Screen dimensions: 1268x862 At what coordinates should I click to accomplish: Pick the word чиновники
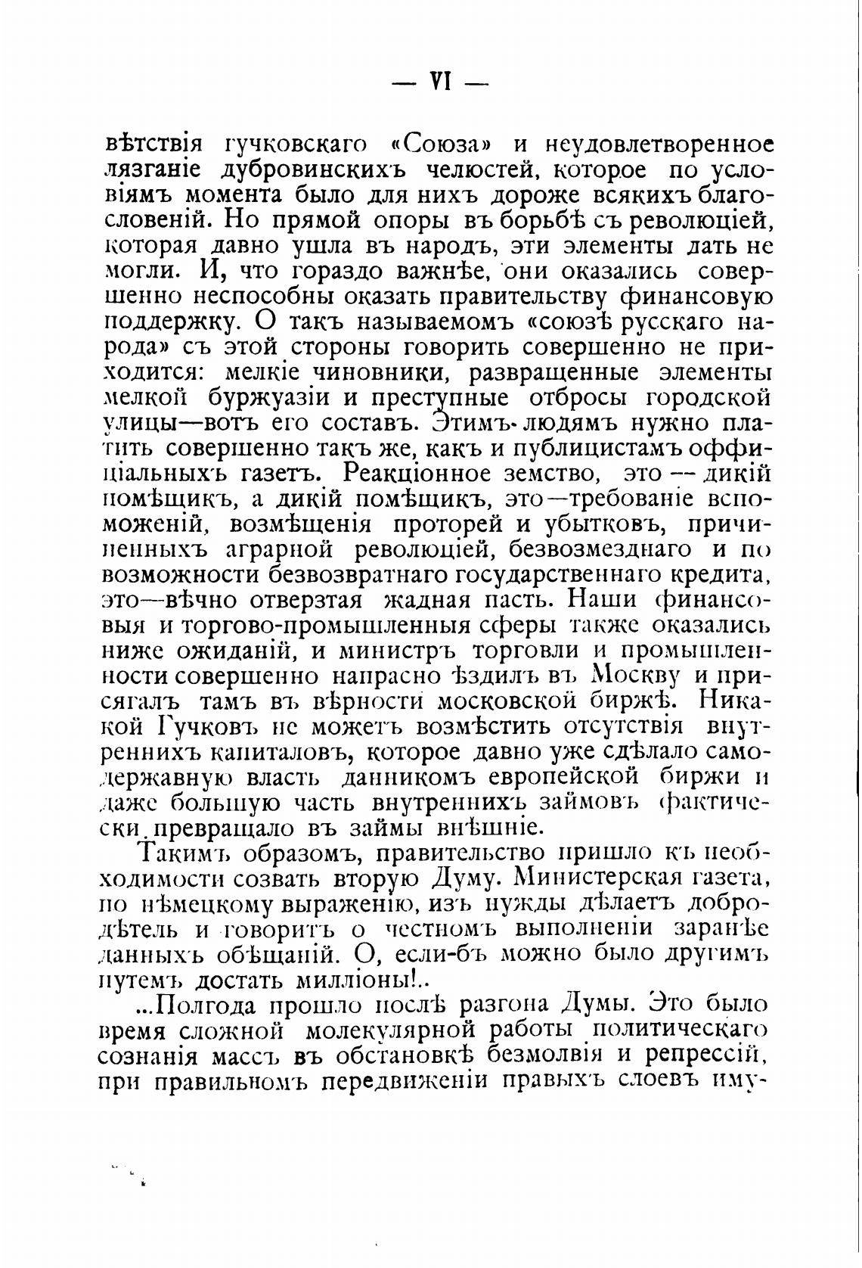coord(377,373)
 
